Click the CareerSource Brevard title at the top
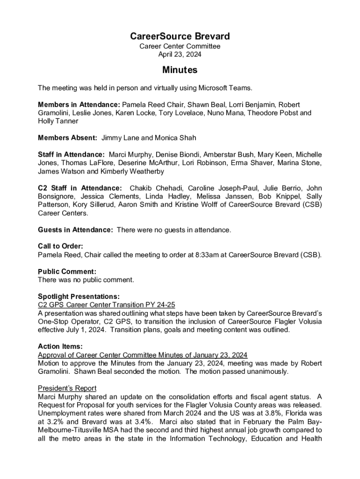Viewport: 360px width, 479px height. point(180,36)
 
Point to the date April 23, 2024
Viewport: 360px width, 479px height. point(180,54)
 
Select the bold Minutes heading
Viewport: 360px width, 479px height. point(180,70)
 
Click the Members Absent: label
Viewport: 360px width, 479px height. point(67,138)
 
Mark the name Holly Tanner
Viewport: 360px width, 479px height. point(58,121)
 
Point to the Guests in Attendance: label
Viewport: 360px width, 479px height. point(75,230)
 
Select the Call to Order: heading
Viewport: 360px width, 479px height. point(60,246)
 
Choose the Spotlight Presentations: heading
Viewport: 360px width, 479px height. point(79,296)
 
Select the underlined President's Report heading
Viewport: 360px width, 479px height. point(67,388)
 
